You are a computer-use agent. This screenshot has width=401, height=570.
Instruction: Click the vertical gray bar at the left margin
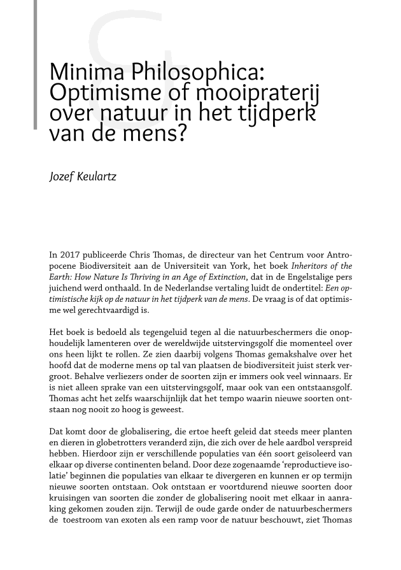pyautogui.click(x=35, y=64)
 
